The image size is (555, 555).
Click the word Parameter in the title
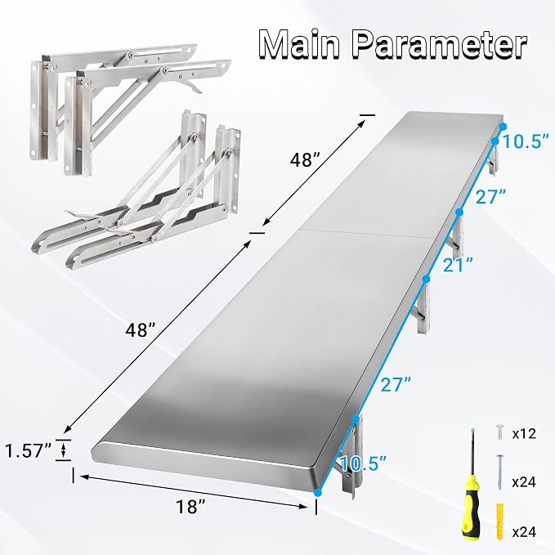coord(441,45)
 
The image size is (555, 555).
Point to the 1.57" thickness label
coord(29,451)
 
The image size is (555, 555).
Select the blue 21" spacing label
coord(458,265)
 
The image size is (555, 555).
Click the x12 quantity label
coord(524,433)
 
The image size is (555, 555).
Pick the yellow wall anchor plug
coord(499,521)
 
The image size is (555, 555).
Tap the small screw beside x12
coord(499,432)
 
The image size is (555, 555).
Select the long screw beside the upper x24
coord(499,472)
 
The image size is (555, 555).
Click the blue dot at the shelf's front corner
coord(317,492)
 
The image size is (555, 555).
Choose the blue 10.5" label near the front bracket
coord(363,463)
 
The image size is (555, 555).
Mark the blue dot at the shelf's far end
coord(503,127)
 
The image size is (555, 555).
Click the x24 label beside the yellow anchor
coord(524,531)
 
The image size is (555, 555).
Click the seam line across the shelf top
coord(365,233)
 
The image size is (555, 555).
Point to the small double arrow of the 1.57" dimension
coord(64,450)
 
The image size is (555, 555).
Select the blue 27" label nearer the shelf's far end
coord(490,196)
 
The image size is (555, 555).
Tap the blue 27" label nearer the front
coord(396,384)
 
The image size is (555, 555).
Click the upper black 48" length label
coord(305,160)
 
